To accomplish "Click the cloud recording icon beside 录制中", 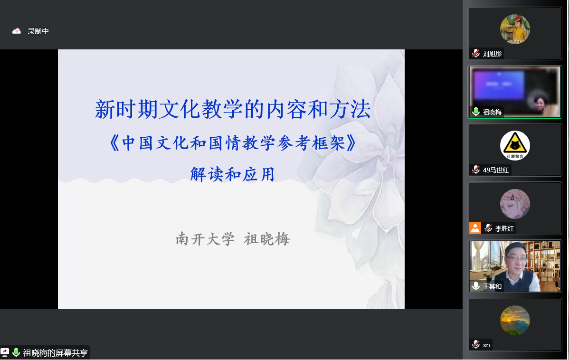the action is point(16,31).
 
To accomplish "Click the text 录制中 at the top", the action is point(38,31).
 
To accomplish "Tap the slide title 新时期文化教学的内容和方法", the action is point(233,109).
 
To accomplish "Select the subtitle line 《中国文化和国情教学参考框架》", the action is point(233,143).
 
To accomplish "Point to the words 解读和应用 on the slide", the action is point(233,174).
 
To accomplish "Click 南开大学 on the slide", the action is point(205,239).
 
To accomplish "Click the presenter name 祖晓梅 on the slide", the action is point(267,239).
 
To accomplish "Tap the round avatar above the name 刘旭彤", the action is point(515,29).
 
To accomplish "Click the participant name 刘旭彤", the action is point(492,54).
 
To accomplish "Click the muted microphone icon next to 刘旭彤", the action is point(476,53).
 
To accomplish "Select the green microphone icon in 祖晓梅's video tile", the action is point(476,112).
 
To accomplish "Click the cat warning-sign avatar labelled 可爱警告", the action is point(515,145).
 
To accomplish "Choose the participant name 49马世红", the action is point(496,170).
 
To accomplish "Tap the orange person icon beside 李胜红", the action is point(475,228).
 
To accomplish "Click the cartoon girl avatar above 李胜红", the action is point(515,204).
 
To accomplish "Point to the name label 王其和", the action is point(492,286).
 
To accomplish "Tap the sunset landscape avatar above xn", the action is point(515,321).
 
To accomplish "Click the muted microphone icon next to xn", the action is point(476,344).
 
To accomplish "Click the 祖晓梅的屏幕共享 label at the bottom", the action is point(56,353).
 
